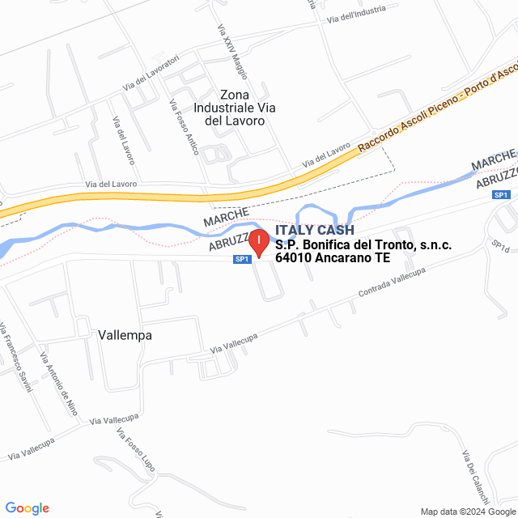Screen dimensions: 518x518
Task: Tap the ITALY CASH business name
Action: click(x=315, y=231)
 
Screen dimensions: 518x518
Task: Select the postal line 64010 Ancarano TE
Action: click(x=333, y=259)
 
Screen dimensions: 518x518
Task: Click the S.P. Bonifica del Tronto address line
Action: click(x=363, y=245)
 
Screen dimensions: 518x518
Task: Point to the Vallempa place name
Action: click(x=125, y=334)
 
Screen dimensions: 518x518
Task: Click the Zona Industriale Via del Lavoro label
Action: click(x=230, y=107)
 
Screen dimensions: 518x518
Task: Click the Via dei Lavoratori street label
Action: click(x=151, y=74)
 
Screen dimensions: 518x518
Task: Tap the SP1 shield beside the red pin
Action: click(x=241, y=259)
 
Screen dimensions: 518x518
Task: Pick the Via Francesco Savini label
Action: click(x=15, y=356)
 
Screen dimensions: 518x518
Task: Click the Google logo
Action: click(x=27, y=508)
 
